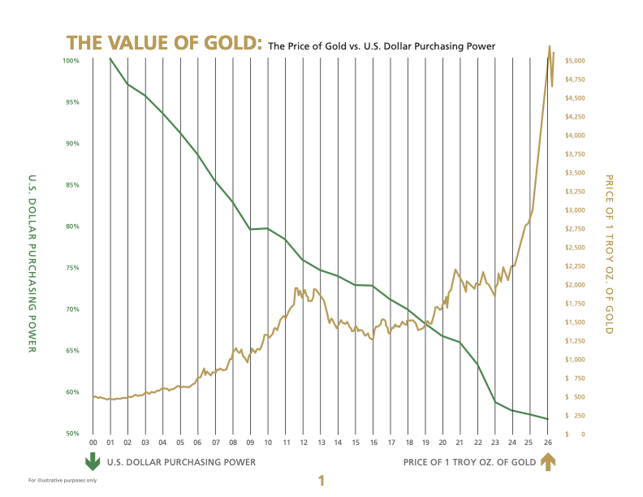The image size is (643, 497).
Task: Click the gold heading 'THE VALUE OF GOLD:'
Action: pos(164,43)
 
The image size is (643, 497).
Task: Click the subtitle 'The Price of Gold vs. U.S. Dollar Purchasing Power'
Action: pos(382,45)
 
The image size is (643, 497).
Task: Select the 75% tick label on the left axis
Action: pos(72,268)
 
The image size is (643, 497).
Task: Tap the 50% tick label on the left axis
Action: pos(72,434)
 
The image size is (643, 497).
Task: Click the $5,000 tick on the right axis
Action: pos(576,61)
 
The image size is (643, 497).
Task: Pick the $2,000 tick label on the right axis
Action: pos(576,285)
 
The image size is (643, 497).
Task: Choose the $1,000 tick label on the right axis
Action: pos(576,360)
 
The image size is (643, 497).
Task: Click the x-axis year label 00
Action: pos(93,443)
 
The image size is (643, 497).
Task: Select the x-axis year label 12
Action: pos(303,443)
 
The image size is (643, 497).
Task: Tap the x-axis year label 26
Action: pos(548,443)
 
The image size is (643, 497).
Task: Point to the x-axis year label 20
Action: pos(442,443)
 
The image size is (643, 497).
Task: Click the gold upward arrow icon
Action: pos(548,462)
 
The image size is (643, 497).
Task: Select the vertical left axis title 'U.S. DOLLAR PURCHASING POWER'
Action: pos(32,263)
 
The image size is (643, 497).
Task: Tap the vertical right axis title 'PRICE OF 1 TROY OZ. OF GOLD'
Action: pos(610,254)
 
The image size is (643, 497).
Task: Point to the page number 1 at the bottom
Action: pos(321,481)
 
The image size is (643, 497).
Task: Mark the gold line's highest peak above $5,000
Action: pos(550,46)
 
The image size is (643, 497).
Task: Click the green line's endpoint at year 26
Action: pos(548,419)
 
